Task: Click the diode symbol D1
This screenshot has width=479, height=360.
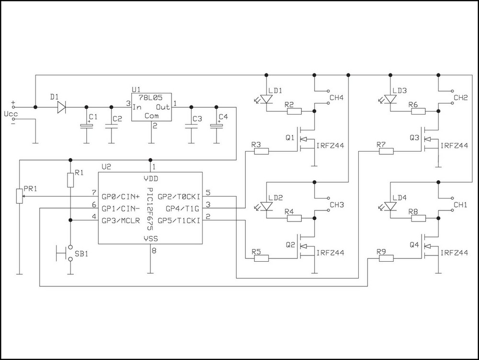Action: [61, 107]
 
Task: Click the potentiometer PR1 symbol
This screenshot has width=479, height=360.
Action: [19, 196]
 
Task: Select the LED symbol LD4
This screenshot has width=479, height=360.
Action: [390, 206]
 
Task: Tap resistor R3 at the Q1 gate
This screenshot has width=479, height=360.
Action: [261, 151]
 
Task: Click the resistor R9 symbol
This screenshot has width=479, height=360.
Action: [386, 259]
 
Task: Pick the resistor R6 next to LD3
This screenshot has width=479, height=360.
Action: [418, 112]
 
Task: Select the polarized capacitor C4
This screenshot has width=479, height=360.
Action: [216, 126]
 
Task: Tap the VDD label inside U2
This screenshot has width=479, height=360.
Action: [151, 178]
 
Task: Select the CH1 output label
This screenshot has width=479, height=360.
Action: [460, 205]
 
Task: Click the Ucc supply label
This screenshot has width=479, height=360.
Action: [10, 115]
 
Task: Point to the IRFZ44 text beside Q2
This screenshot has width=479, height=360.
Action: [330, 253]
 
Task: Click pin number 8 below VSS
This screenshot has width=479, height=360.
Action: [154, 250]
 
